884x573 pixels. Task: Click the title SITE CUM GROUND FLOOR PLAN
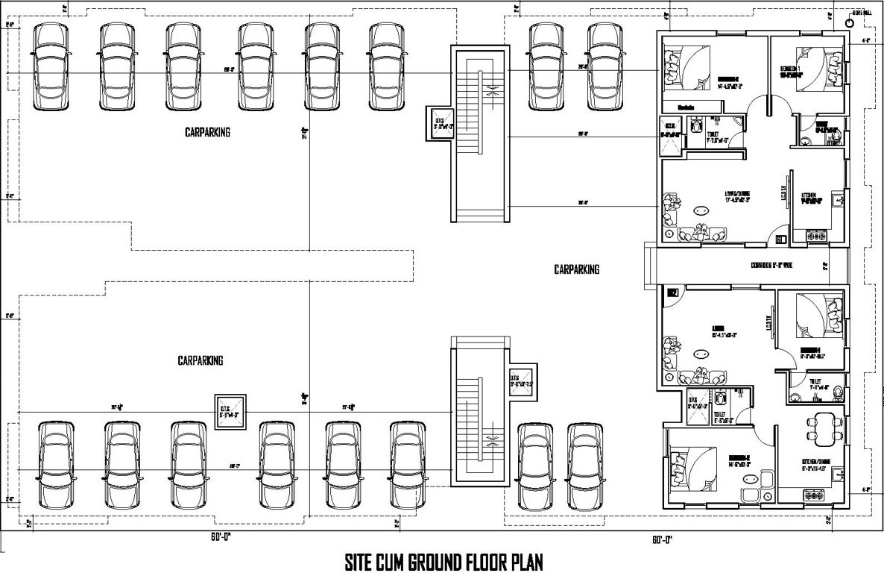coord(443,560)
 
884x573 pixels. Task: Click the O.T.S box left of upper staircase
coord(438,122)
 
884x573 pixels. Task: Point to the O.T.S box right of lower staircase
coord(522,381)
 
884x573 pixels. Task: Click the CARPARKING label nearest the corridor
coord(576,269)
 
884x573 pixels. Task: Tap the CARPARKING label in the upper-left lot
coord(207,132)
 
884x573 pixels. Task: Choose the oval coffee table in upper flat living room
coord(700,211)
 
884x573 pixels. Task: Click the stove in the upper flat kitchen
coord(816,236)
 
